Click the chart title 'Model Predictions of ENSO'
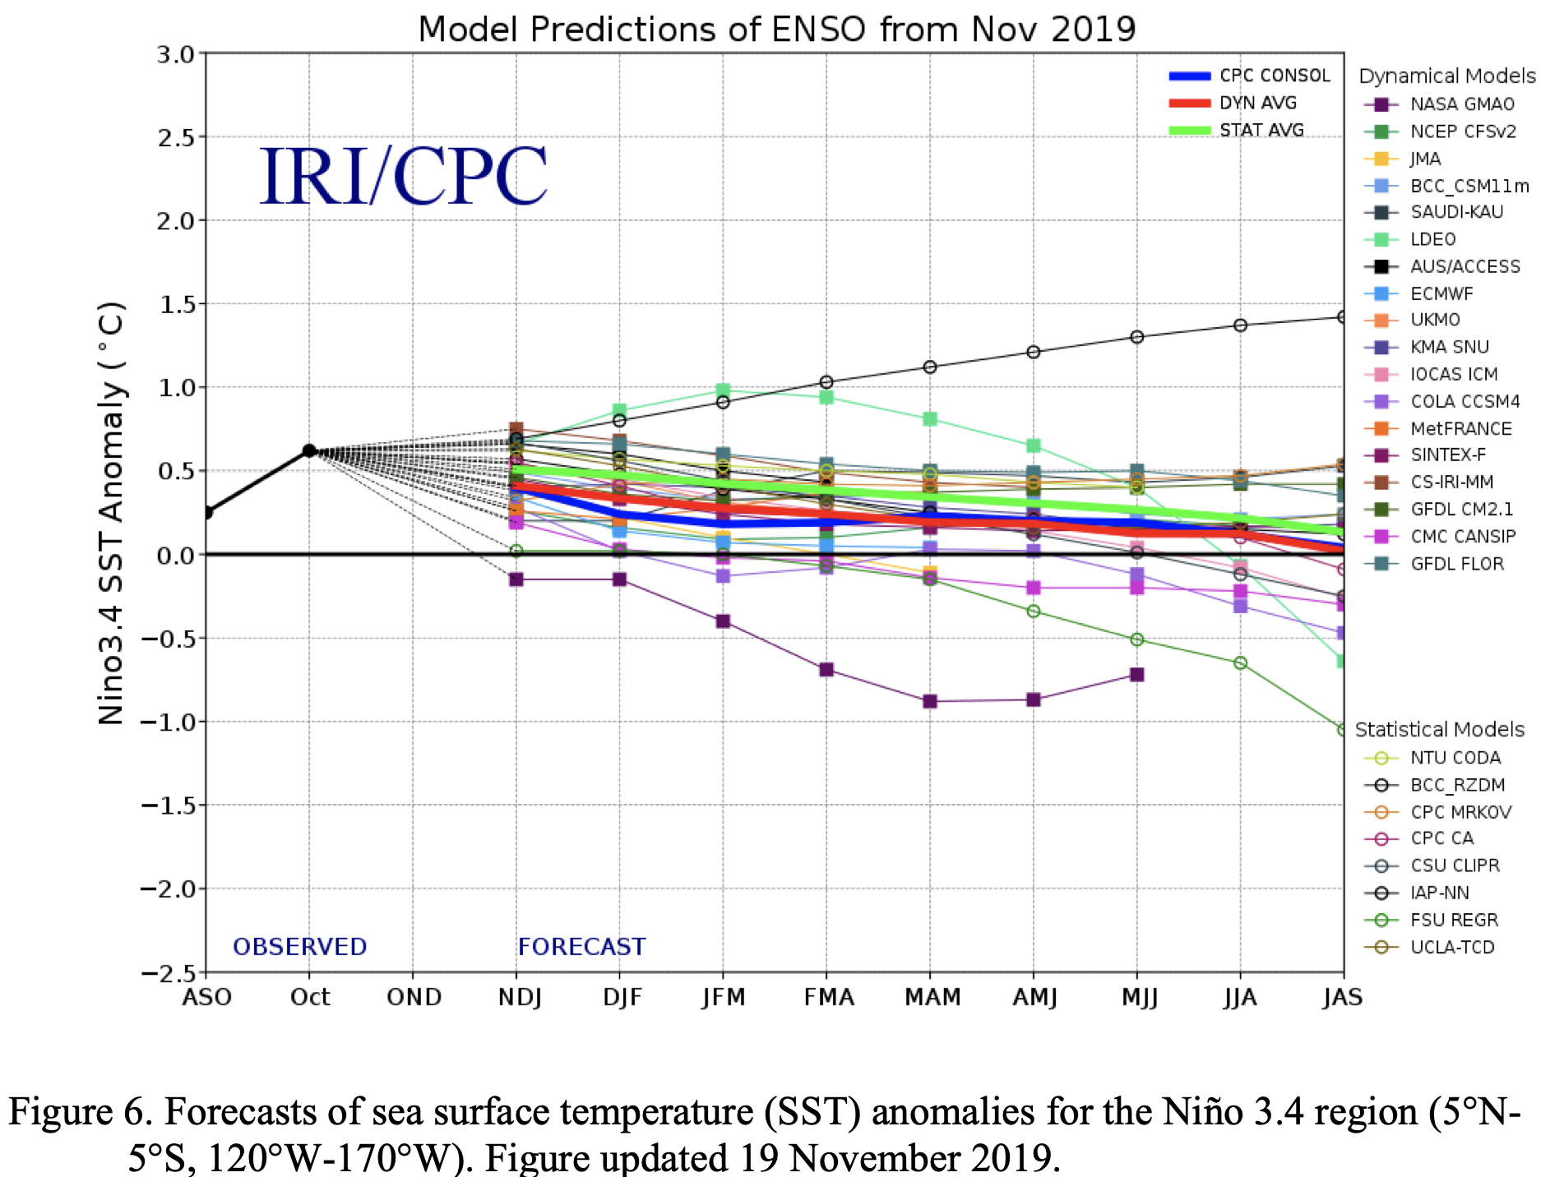pos(776,30)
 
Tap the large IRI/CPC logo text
pos(403,177)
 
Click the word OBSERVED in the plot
pos(299,947)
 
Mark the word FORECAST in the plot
pos(581,947)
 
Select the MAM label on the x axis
pos(932,997)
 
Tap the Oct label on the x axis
pos(309,997)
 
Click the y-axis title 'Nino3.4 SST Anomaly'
pos(112,514)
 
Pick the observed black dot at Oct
pos(309,450)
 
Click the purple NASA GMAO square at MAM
pos(930,701)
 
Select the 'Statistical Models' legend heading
pos(1439,730)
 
